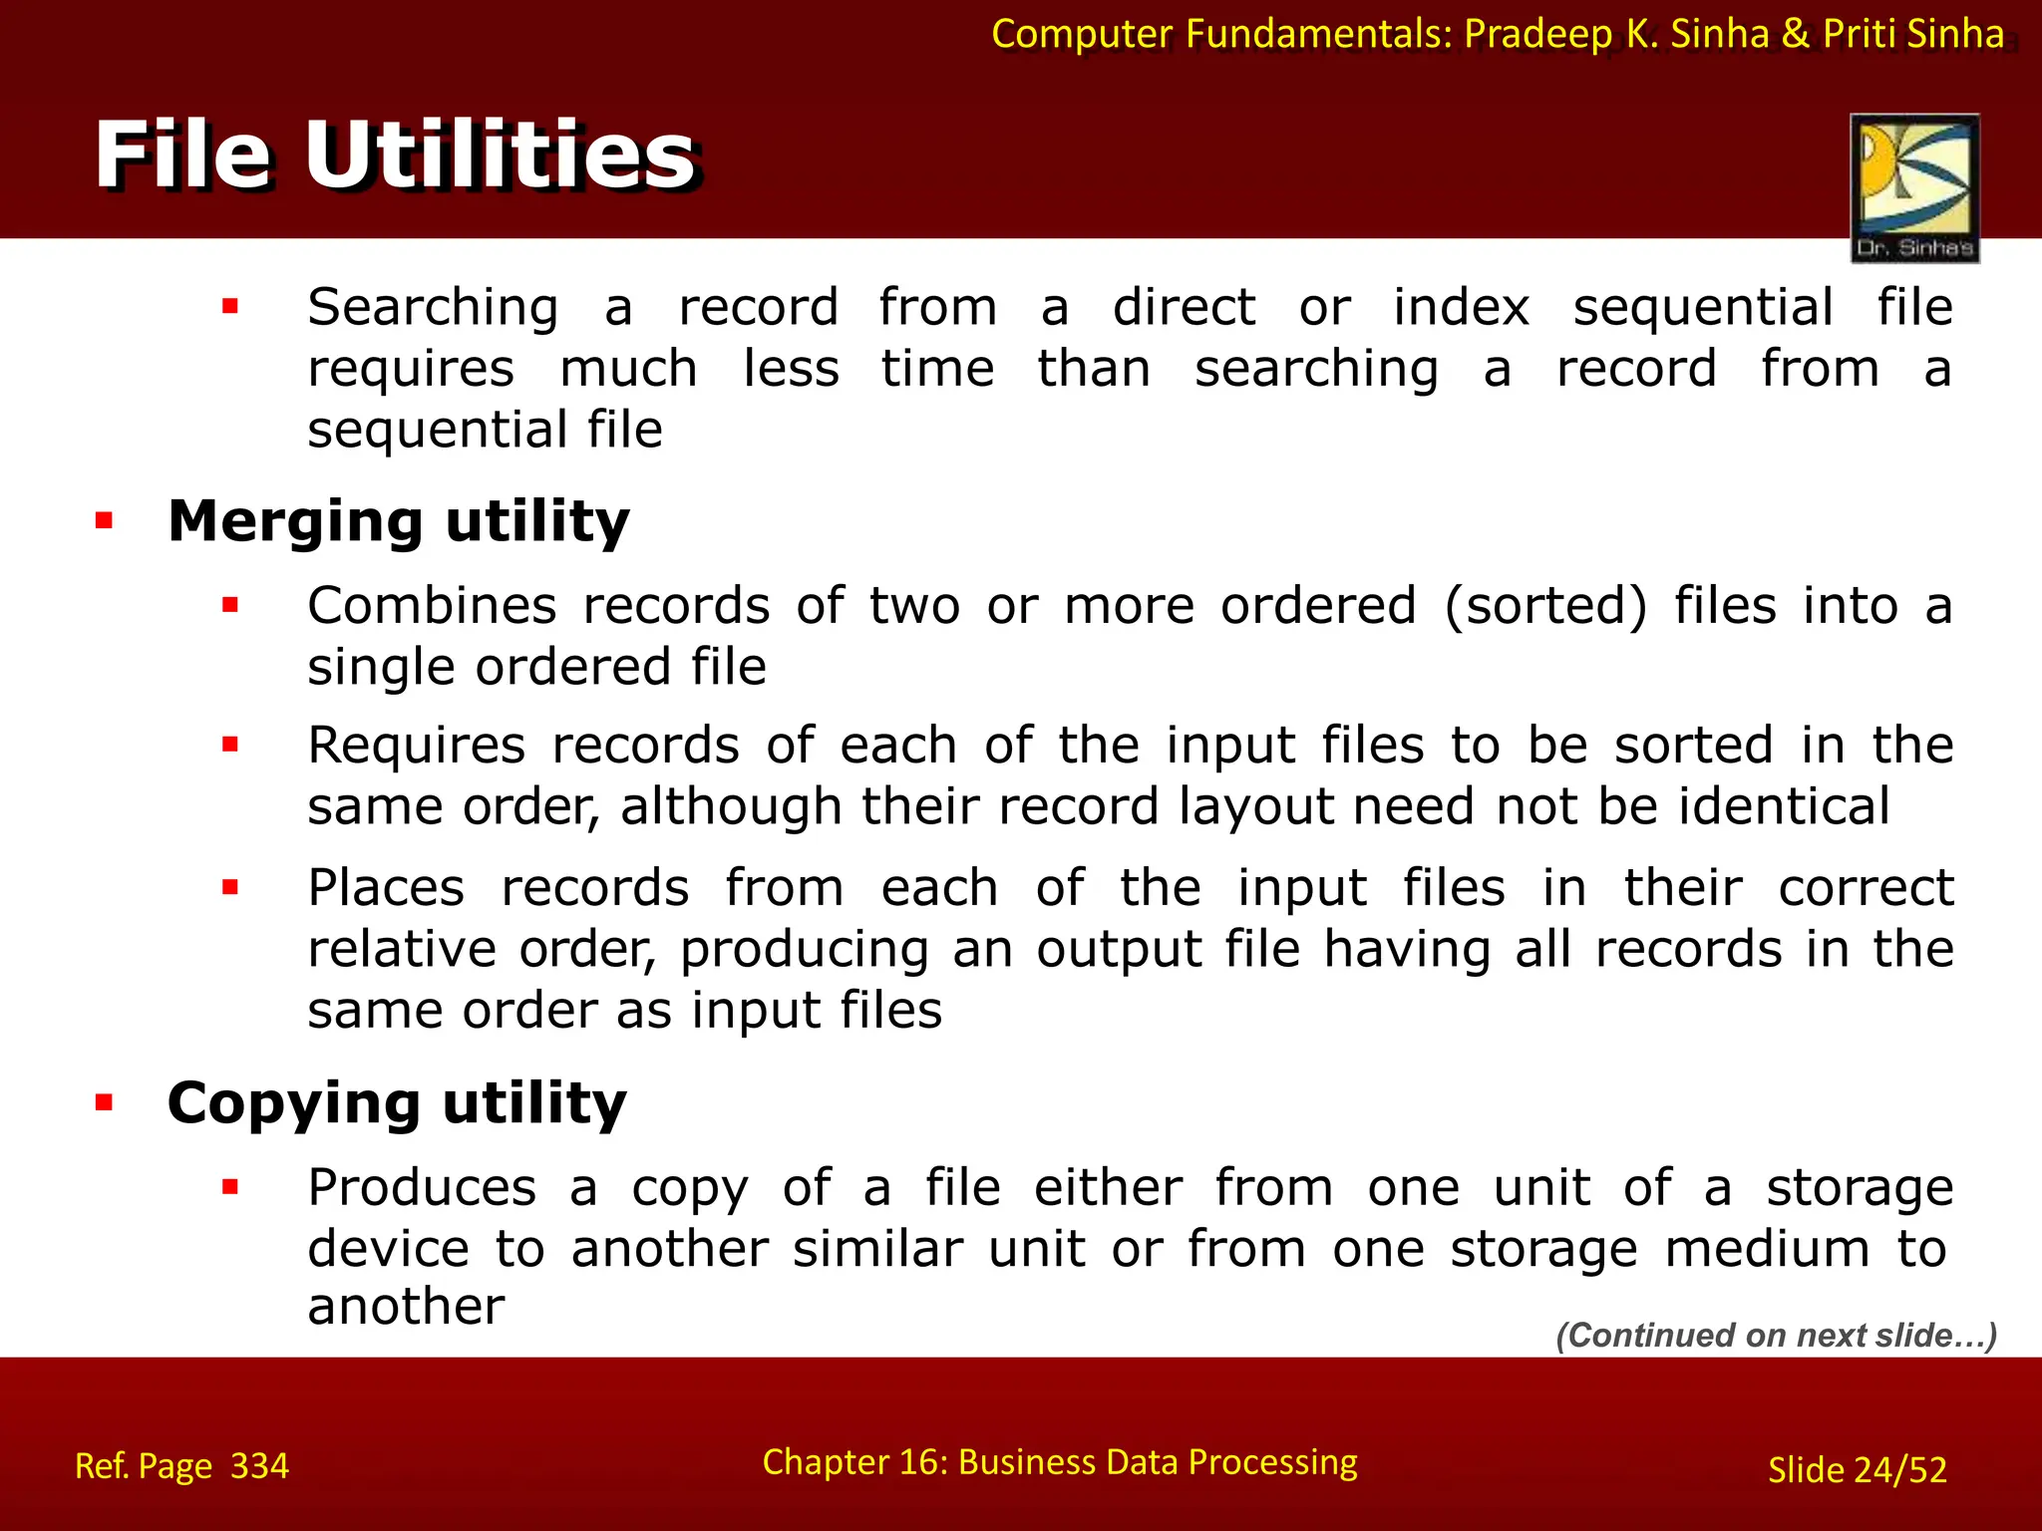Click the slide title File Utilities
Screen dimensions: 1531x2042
pos(396,155)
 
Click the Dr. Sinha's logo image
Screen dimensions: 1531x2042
pos(1914,188)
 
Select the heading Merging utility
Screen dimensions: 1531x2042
pos(399,521)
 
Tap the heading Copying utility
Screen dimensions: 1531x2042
pos(397,1103)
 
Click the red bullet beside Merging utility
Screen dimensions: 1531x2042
pos(105,520)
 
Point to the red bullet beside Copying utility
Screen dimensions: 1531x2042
pos(105,1102)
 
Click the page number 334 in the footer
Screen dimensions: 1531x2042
pos(259,1466)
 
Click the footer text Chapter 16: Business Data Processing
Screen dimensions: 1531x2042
pos(1060,1462)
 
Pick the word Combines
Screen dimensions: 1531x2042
pos(432,606)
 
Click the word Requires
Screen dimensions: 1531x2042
pos(416,746)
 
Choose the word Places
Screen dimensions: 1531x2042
pos(386,888)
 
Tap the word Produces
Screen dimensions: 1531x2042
pos(422,1188)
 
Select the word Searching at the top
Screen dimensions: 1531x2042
pos(433,308)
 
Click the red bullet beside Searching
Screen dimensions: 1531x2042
pos(230,307)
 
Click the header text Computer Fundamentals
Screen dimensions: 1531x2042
pos(1221,34)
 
